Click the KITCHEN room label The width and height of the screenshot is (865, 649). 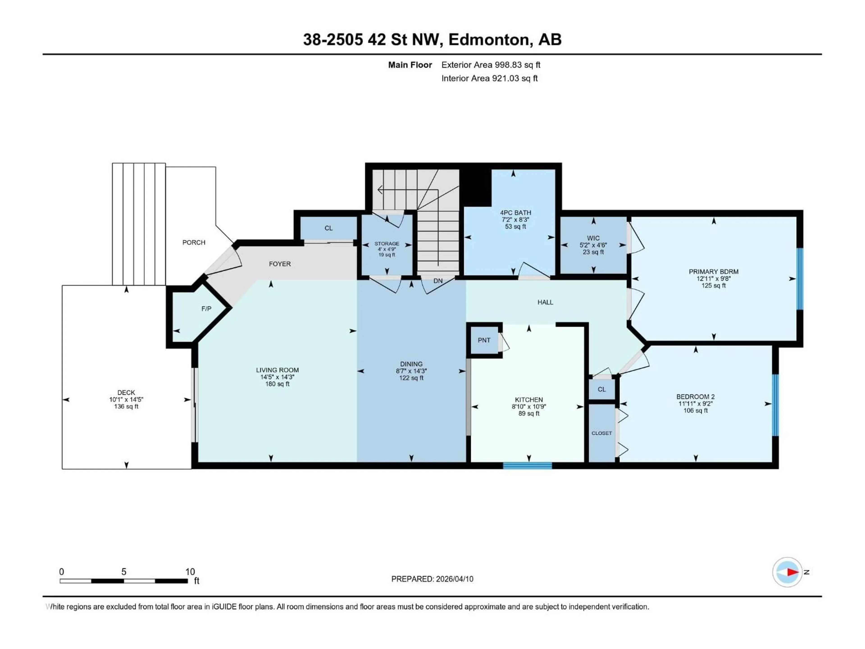(x=529, y=399)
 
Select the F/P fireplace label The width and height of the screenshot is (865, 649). (x=206, y=309)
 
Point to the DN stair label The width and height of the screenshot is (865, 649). (x=438, y=281)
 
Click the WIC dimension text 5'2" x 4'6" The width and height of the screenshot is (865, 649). (x=593, y=245)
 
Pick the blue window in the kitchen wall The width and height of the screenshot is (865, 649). (x=527, y=466)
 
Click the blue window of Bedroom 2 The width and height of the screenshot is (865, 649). (x=775, y=405)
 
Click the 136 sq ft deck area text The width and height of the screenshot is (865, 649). (x=126, y=407)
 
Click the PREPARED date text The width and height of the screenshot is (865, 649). (x=432, y=579)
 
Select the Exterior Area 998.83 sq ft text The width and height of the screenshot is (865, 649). (x=491, y=65)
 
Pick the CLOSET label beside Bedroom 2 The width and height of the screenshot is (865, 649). (x=601, y=433)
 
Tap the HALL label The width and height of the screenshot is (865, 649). (x=545, y=302)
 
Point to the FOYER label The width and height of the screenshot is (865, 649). (x=280, y=264)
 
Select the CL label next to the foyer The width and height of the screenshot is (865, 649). (x=328, y=228)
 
